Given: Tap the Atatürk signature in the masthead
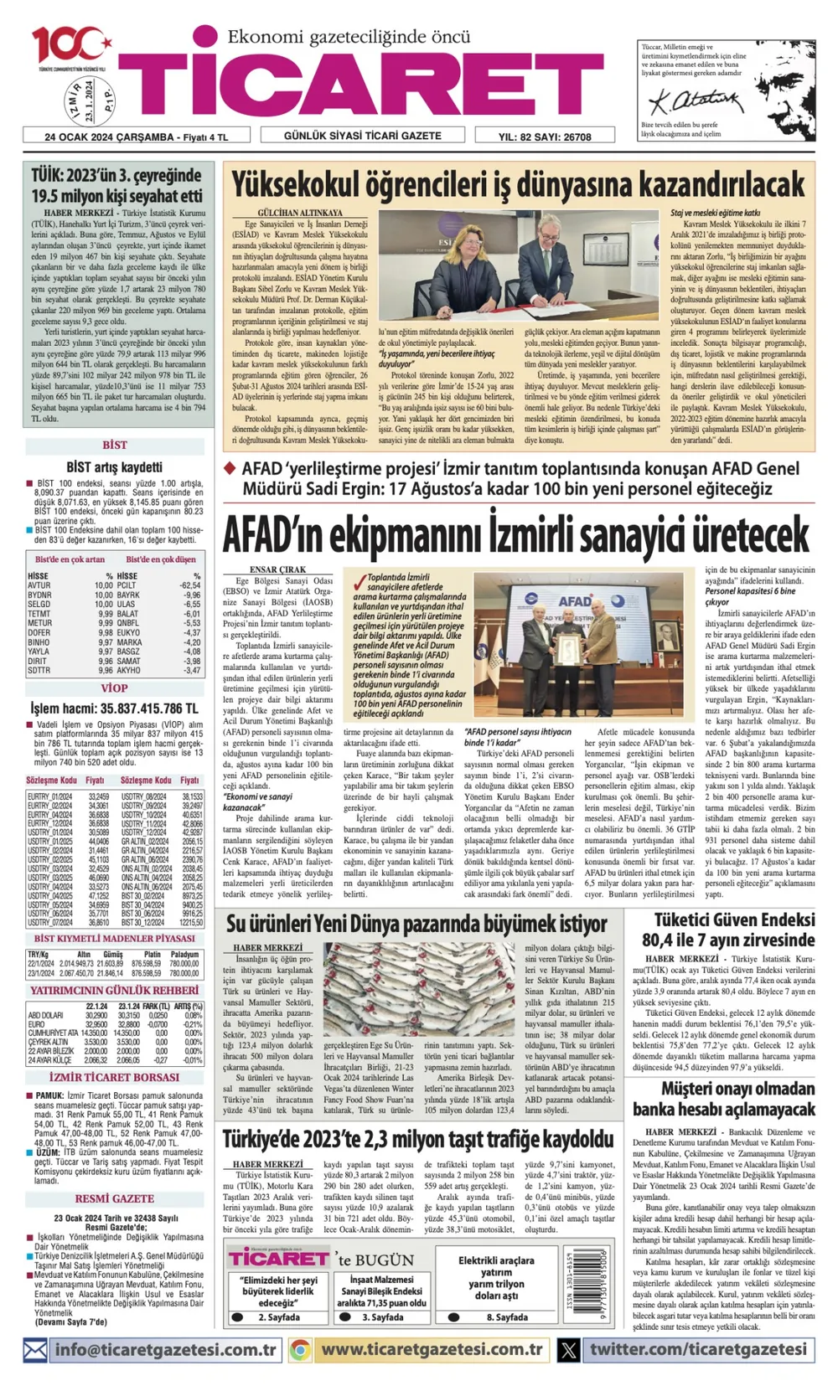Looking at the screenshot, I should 684,102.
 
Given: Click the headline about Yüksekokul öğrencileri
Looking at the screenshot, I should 517,183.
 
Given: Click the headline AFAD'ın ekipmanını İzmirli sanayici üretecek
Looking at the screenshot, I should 516,534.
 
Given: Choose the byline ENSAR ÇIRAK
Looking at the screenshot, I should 278,569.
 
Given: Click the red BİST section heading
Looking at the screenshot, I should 115,445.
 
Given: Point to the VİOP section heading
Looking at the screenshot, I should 115,688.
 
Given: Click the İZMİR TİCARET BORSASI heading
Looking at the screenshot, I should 114,1077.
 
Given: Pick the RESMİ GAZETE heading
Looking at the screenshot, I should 115,1198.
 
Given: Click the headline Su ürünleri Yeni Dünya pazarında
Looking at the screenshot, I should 416,925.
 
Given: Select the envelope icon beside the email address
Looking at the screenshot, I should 35,1350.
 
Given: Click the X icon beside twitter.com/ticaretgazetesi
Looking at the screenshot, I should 569,1350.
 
